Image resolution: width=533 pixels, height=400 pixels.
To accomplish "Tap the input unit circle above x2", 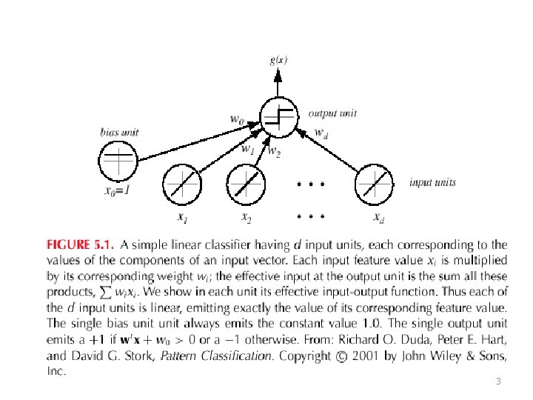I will pos(245,182).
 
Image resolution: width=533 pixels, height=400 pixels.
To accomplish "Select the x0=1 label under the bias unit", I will pos(117,190).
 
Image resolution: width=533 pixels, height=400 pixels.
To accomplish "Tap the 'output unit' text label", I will pos(332,113).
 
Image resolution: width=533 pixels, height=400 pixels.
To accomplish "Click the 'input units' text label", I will pos(432,182).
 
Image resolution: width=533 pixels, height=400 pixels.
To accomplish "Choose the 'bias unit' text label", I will pos(119,133).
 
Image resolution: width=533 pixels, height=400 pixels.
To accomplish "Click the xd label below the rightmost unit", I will pos(378,217).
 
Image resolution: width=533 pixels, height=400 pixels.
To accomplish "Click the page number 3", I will pos(497,381).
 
